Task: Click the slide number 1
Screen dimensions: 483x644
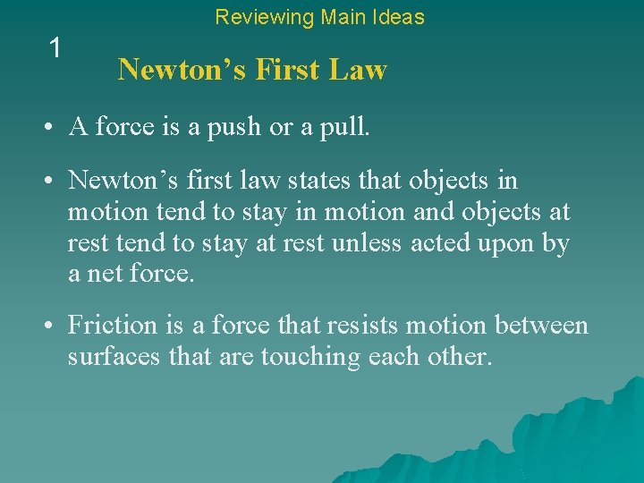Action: pyautogui.click(x=55, y=48)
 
